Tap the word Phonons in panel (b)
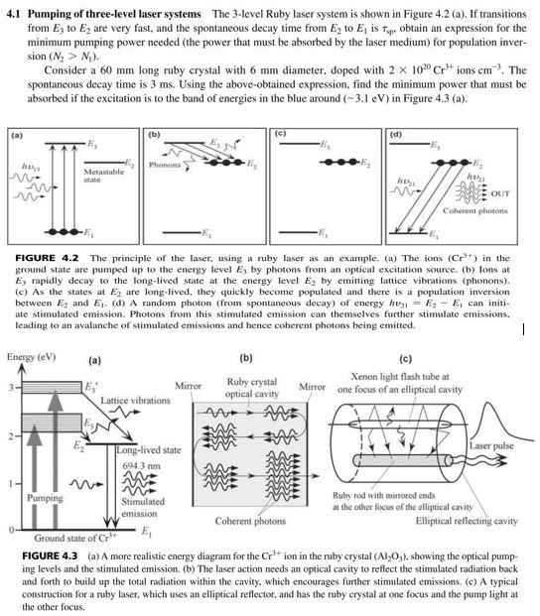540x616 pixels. [x=164, y=165]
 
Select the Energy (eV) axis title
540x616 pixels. [x=30, y=356]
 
